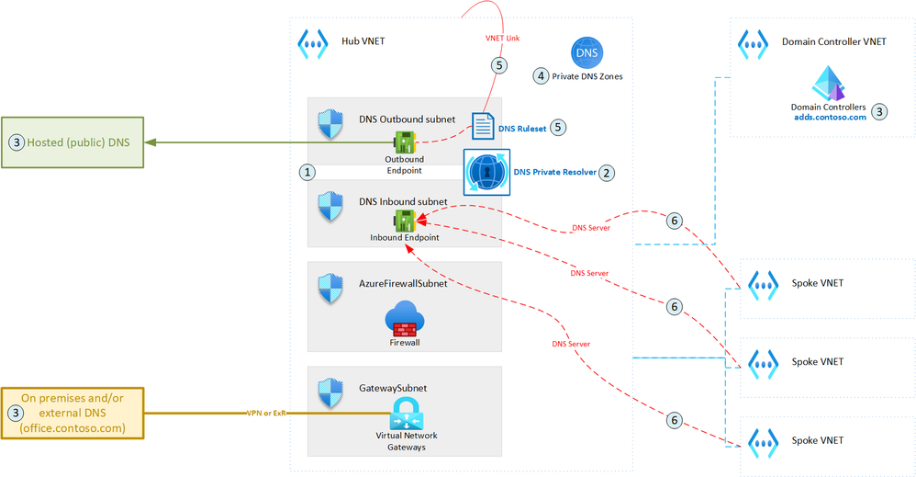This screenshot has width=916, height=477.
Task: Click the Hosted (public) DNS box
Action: pos(73,142)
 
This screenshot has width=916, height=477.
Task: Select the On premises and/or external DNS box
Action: pos(73,413)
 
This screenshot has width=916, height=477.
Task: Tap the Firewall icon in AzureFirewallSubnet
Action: pos(405,320)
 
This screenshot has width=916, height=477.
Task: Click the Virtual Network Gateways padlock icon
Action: pos(405,414)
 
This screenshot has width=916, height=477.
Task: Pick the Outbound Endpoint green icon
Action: pos(405,142)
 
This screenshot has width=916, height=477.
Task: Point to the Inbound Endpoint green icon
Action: pos(405,221)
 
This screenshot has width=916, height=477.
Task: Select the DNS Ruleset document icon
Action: pos(483,127)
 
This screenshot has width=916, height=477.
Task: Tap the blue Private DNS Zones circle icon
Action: pos(587,53)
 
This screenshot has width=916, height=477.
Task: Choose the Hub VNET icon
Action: pos(313,43)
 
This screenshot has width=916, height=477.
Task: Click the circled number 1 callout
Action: pos(307,172)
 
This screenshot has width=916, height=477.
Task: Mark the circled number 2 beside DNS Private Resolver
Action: pos(606,172)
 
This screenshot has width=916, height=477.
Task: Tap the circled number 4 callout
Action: pos(541,76)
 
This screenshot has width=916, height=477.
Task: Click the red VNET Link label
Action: pos(502,39)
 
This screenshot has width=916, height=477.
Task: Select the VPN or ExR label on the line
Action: pos(266,413)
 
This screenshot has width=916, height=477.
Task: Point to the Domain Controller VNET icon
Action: pos(754,42)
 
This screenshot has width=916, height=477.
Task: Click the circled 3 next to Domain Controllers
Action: pos(879,112)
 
